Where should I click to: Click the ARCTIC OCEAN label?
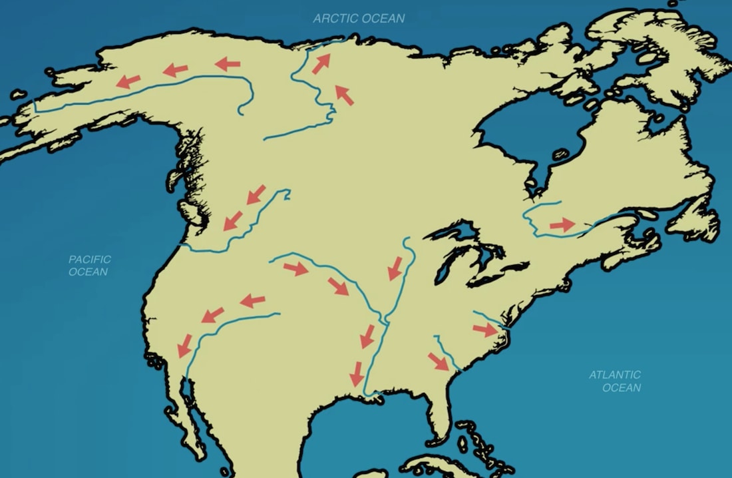tap(359, 18)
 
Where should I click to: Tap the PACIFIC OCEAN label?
tap(89, 265)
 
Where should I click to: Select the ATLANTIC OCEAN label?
tap(615, 381)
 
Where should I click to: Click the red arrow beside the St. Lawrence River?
tap(562, 225)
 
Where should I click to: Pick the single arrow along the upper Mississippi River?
tap(395, 268)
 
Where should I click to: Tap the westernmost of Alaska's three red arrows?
tap(128, 81)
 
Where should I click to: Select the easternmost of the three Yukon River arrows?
tap(228, 64)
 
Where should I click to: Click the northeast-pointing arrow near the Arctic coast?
tap(321, 64)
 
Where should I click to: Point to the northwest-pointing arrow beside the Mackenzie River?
tap(344, 95)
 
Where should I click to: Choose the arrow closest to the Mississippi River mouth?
tap(357, 373)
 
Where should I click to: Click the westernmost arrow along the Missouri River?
tap(295, 269)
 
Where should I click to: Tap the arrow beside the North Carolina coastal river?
tap(484, 330)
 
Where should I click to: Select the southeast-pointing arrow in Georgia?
tap(438, 361)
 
